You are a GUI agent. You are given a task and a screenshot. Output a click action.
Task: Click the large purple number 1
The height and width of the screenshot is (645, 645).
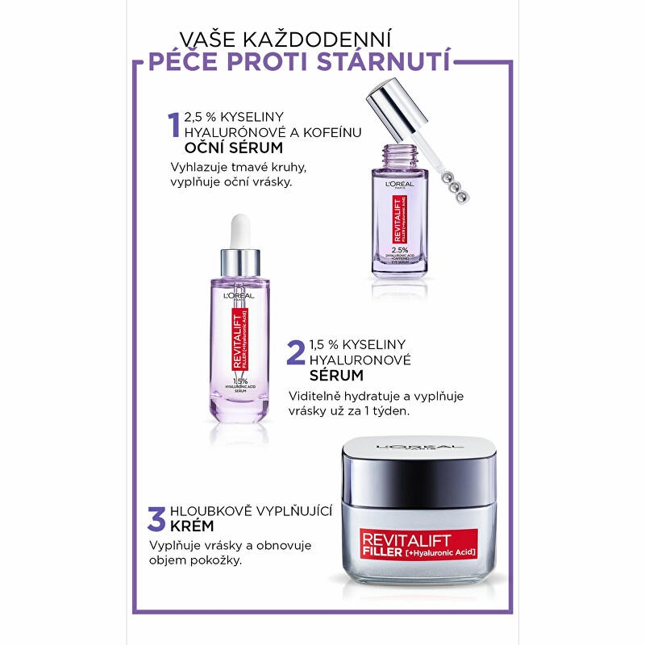173,126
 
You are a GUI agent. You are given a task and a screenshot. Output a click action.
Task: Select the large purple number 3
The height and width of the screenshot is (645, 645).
156,518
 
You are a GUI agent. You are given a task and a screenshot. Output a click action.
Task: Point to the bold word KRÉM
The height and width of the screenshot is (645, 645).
191,526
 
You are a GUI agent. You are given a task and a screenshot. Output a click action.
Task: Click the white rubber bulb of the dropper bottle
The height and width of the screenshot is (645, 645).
240,231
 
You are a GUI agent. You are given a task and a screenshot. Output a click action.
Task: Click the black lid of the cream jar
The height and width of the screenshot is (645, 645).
418,468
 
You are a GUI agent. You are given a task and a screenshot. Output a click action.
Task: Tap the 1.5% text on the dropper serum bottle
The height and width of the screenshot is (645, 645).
239,381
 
